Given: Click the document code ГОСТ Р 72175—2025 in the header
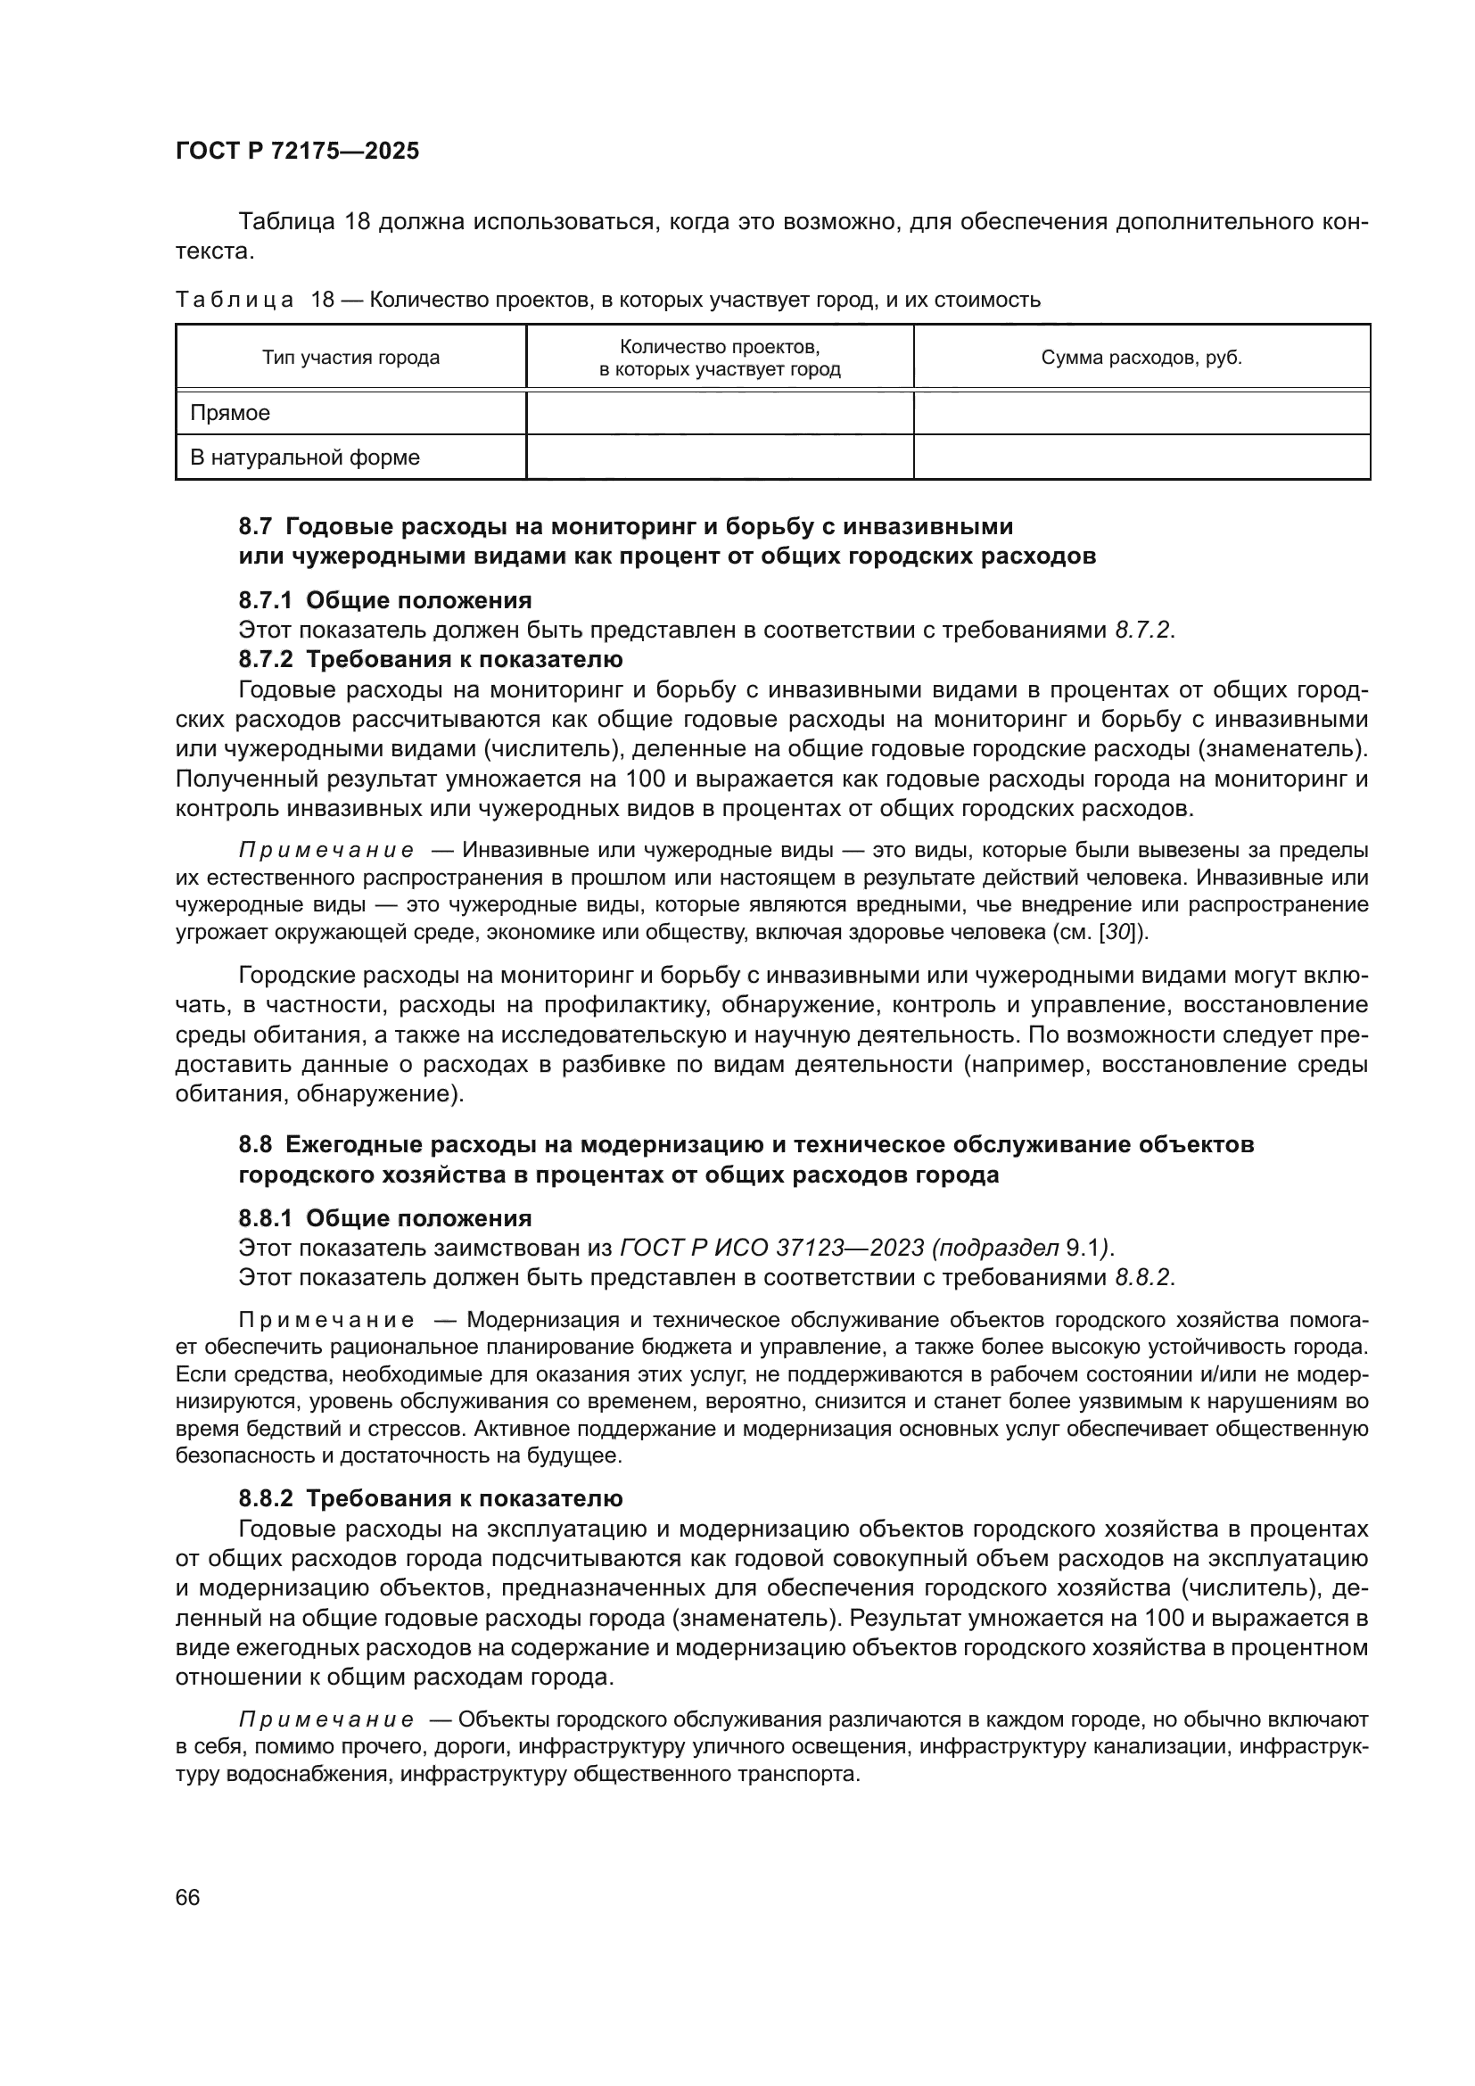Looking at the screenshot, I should click(297, 151).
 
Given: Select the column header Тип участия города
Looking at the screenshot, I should click(350, 358).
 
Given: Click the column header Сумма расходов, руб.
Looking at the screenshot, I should click(1141, 358).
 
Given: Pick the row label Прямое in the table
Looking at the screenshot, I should click(230, 414).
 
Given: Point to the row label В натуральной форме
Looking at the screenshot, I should click(304, 457).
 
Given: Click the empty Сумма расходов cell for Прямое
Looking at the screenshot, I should click(1141, 414).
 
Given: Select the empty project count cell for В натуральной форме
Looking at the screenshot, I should click(720, 457).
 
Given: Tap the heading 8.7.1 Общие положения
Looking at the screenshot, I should click(385, 599).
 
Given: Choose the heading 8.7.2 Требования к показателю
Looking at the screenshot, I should click(431, 659).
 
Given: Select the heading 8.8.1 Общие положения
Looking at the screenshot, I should click(385, 1218).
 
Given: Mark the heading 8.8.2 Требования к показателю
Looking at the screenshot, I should click(431, 1498).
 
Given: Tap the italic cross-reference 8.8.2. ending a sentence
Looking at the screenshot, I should click(1143, 1277).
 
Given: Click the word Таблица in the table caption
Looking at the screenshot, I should click(235, 300).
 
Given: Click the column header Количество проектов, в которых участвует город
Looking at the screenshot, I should click(720, 358).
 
